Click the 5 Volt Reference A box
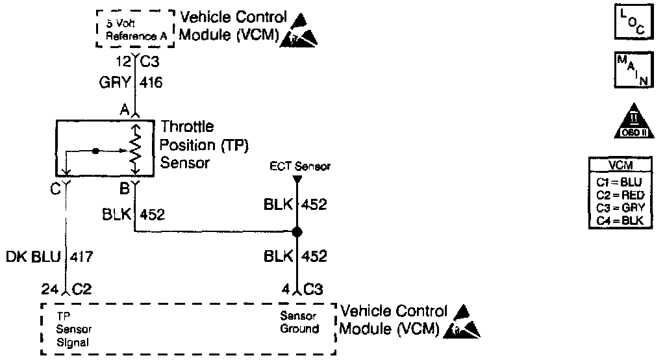pos(135,29)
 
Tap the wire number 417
pos(82,257)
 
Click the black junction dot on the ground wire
pos(297,232)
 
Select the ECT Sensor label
pos(300,166)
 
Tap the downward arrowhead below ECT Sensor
pos(297,177)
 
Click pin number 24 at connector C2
pos(49,289)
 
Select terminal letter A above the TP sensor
pos(123,110)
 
